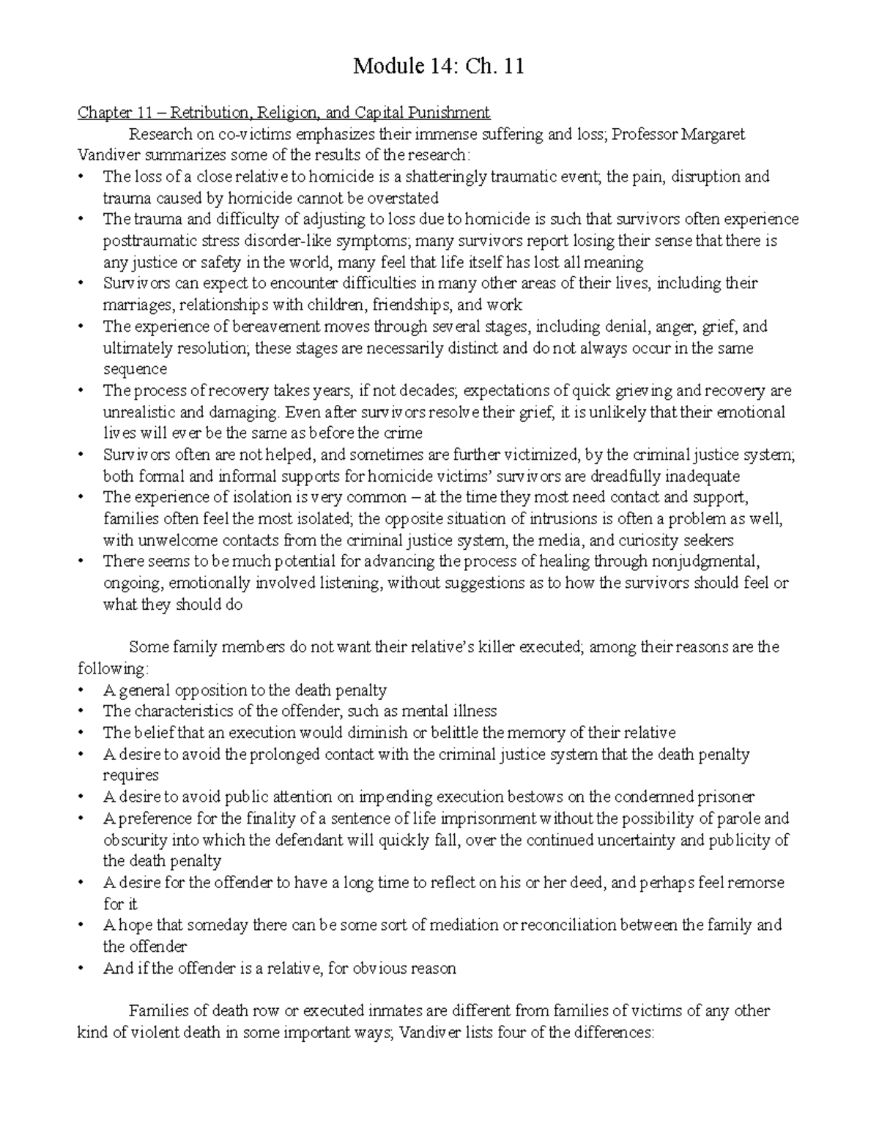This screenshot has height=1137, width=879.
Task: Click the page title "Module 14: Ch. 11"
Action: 438,67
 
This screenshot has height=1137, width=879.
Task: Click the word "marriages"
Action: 137,305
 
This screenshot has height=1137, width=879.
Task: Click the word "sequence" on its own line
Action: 135,369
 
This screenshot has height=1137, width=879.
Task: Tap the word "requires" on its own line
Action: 130,775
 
